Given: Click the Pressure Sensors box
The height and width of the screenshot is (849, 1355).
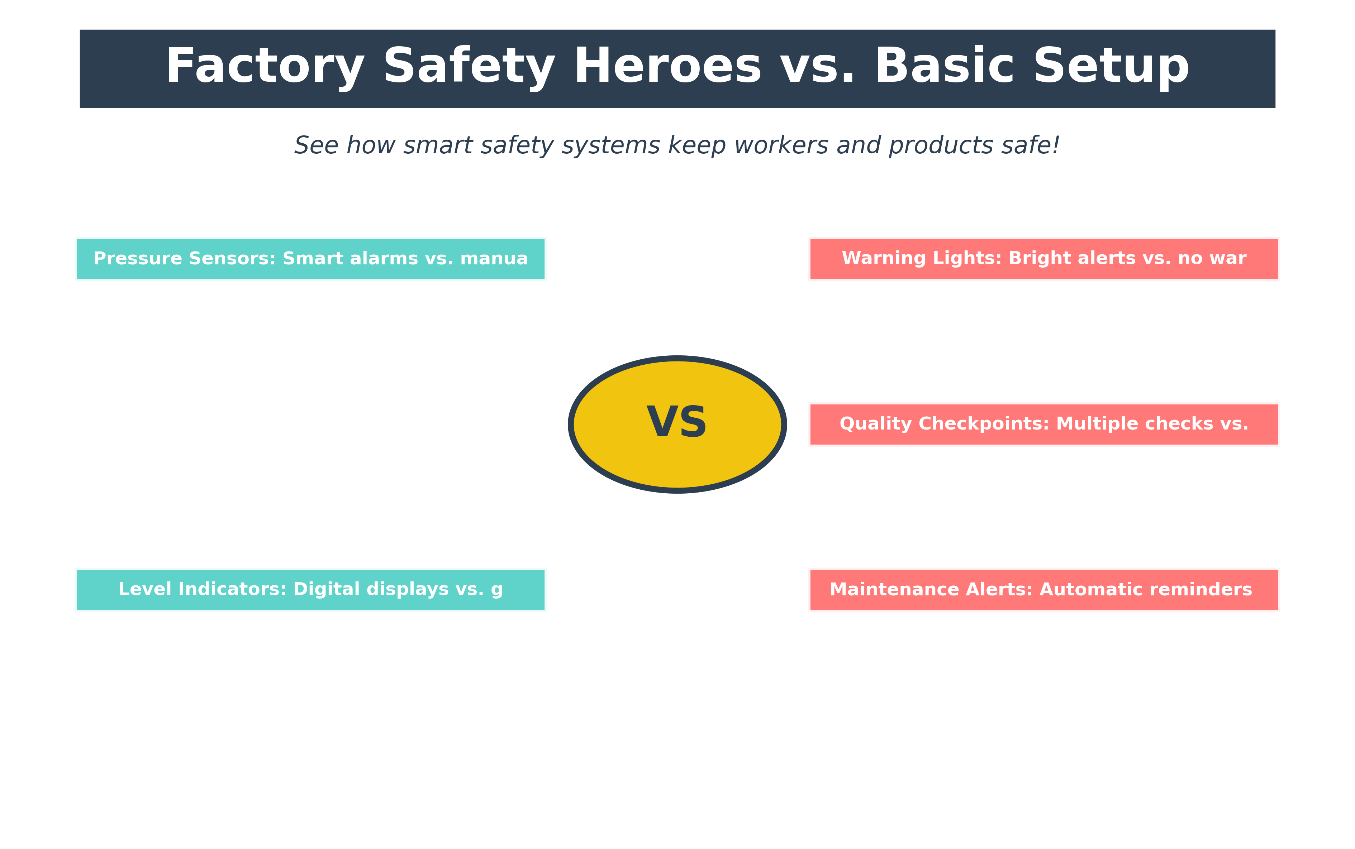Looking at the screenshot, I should tap(311, 259).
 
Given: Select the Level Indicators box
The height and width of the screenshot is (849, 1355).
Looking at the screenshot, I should tap(311, 590).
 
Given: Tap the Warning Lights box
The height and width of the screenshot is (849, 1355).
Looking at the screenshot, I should tap(1044, 259).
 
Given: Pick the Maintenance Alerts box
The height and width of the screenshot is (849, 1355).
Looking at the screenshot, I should tap(1044, 590).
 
